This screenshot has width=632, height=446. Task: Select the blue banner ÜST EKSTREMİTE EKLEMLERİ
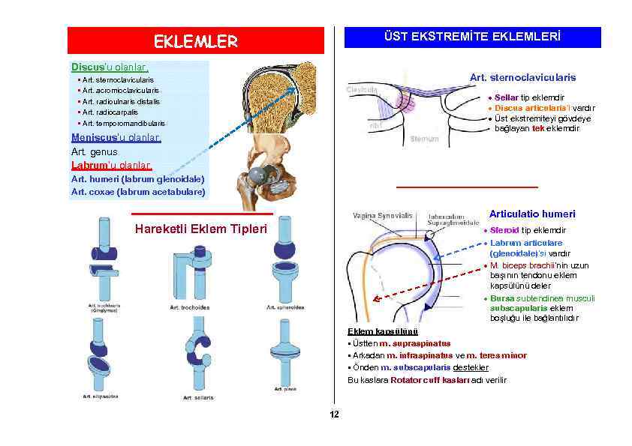tap(472, 37)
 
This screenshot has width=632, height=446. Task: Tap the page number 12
tap(334, 415)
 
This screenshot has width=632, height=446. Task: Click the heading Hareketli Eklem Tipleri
tap(200, 229)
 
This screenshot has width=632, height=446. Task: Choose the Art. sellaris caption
tap(198, 397)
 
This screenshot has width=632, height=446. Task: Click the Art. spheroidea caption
tap(285, 307)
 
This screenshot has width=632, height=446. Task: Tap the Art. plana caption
tap(285, 389)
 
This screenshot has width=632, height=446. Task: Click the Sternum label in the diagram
tap(425, 139)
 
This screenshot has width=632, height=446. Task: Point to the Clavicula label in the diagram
tap(362, 90)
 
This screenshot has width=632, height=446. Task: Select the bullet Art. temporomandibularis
tap(124, 123)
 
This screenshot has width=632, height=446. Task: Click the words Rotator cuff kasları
tap(430, 380)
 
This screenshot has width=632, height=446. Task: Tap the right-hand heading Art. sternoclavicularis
tap(522, 77)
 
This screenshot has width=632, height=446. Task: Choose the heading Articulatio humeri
tap(532, 214)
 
